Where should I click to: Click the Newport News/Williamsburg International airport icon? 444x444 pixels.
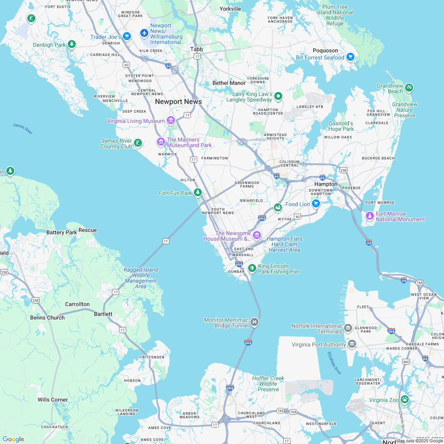(144, 33)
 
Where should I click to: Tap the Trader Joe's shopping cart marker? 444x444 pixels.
(126, 36)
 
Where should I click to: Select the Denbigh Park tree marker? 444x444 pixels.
(71, 44)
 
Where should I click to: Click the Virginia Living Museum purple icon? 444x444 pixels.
(171, 120)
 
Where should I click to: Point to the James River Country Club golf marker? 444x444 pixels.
(138, 143)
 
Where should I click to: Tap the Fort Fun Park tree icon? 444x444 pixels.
(197, 192)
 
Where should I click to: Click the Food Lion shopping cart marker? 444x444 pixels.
(316, 203)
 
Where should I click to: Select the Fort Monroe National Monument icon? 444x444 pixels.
(369, 216)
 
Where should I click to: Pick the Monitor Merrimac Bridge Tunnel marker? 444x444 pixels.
(255, 322)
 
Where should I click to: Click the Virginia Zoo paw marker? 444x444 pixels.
(404, 399)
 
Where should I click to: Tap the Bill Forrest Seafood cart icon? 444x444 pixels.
(350, 57)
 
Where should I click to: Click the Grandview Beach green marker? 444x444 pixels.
(409, 88)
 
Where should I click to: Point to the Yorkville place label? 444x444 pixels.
(230, 9)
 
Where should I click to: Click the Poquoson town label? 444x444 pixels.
(325, 50)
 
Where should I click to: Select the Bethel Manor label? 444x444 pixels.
(229, 83)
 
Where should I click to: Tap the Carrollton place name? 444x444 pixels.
(77, 304)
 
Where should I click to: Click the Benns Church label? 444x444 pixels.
(48, 318)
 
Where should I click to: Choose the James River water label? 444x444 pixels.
(23, 128)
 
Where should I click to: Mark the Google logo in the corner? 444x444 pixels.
(13, 439)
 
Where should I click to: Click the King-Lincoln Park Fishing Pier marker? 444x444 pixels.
(252, 268)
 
